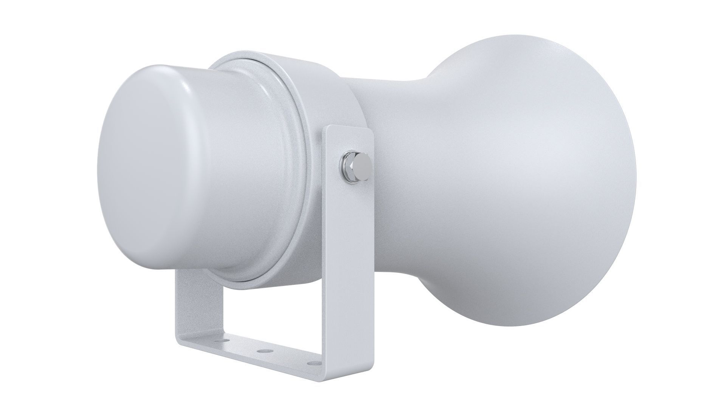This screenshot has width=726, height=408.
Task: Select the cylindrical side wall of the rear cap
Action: pyautogui.click(x=234, y=170)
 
